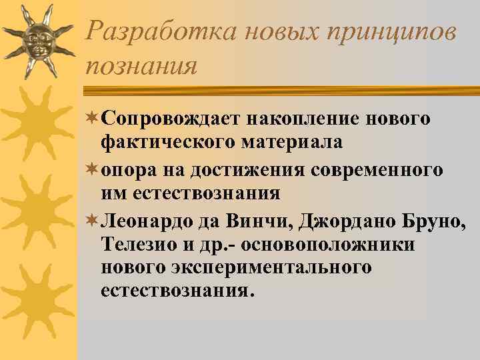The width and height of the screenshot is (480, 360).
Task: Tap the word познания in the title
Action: click(142, 65)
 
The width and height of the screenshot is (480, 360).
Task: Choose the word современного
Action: click(377, 170)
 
